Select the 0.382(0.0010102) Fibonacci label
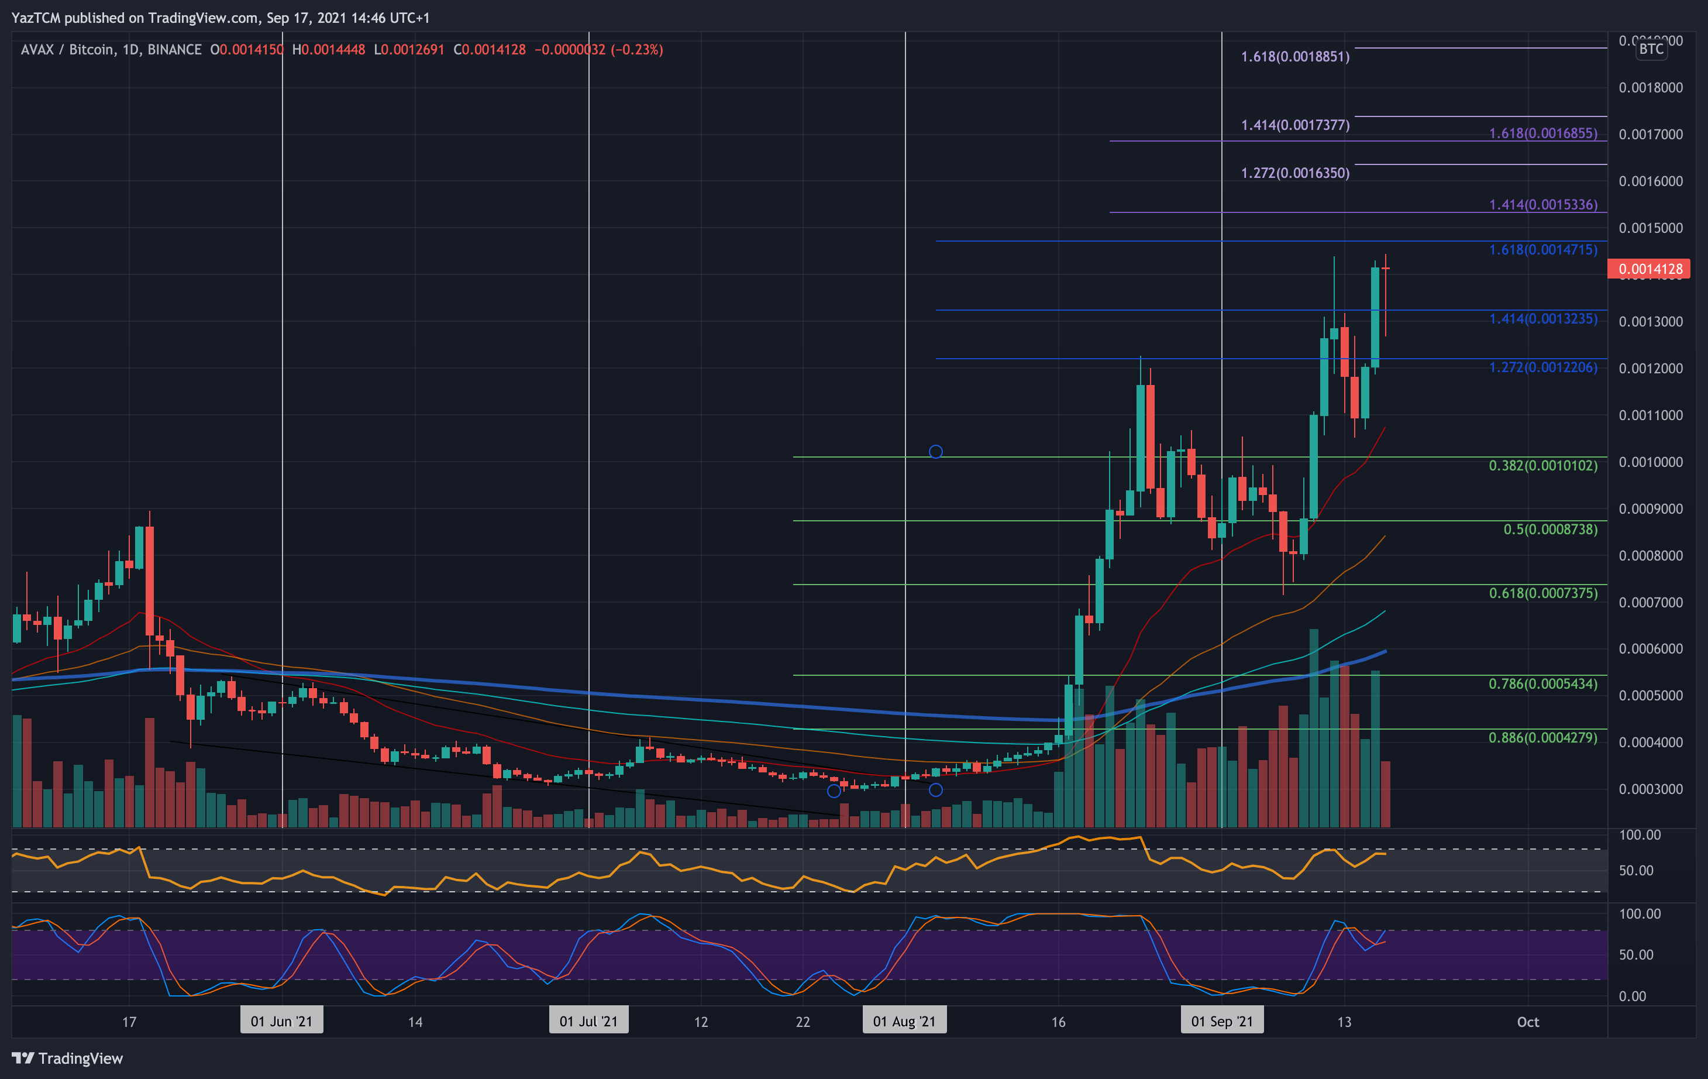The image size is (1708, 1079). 1542,465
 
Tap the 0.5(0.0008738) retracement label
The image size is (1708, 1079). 1550,529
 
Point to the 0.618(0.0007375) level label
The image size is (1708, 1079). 1542,593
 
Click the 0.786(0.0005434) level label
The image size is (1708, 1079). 1542,684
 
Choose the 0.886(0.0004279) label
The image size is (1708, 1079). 1542,738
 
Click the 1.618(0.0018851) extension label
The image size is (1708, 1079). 1294,57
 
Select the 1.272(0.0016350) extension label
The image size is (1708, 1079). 1294,173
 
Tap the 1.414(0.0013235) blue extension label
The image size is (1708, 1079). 1542,318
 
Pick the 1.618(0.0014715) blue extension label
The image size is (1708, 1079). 1542,250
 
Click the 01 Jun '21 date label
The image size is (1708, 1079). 281,1022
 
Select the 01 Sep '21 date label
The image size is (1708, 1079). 1221,1022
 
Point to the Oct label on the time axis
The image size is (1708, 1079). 1528,1022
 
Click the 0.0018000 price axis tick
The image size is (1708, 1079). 1651,87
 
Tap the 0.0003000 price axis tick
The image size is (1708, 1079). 1651,789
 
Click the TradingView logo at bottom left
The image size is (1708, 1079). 67,1059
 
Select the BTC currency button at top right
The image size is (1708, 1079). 1651,49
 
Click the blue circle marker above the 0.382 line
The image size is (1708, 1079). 935,451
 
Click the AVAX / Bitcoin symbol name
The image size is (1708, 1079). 67,50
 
